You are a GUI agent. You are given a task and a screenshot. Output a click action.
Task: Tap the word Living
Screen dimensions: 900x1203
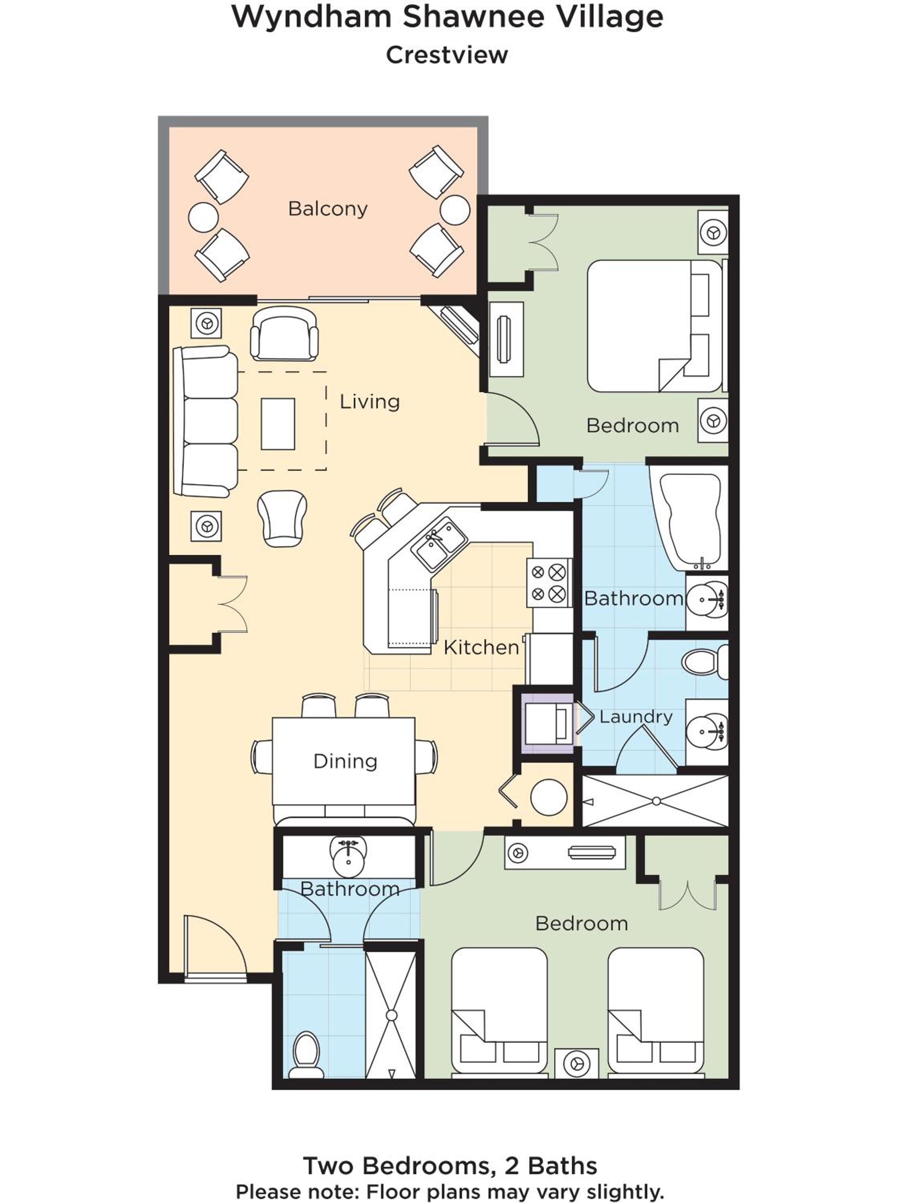point(370,402)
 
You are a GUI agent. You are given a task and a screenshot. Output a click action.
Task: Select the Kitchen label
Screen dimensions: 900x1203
point(481,647)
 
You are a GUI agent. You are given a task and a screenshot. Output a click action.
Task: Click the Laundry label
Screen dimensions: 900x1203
point(636,717)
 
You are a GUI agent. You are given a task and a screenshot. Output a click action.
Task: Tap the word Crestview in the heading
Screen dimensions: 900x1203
point(447,55)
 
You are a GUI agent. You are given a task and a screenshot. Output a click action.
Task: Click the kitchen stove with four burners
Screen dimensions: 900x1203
point(549,583)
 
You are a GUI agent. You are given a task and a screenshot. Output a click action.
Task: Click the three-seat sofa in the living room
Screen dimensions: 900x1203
point(206,421)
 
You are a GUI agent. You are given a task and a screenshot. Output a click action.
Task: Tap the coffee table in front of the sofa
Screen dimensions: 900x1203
point(278,424)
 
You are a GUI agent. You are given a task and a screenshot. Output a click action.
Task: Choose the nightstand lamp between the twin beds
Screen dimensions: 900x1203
point(576,1063)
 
